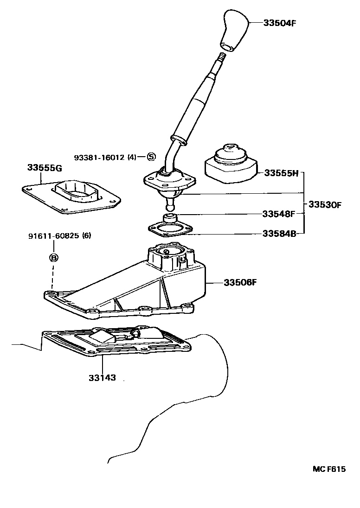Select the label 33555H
[x=281, y=173]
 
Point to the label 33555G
[x=44, y=168]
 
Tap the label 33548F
[x=279, y=214]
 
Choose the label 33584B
[x=279, y=234]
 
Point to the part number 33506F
[x=240, y=282]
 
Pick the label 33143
[x=102, y=378]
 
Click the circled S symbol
[x=151, y=157]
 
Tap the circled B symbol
[x=53, y=258]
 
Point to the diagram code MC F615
[x=328, y=469]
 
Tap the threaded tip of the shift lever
[x=221, y=57]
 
